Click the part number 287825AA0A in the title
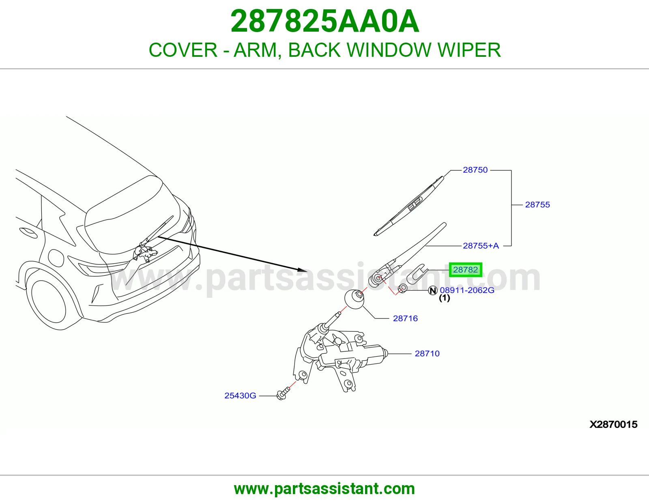(x=324, y=21)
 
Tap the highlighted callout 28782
(x=465, y=270)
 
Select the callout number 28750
(x=475, y=170)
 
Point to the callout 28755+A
(x=481, y=246)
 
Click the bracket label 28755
(x=537, y=204)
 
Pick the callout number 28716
(x=405, y=318)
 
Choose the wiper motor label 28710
(x=427, y=354)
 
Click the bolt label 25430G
(x=240, y=396)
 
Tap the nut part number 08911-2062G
(x=467, y=290)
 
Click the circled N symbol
(x=433, y=290)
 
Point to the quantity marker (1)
(x=445, y=298)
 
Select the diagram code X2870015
(x=613, y=425)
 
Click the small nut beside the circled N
(x=403, y=288)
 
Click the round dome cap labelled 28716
(x=355, y=299)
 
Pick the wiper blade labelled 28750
(x=409, y=206)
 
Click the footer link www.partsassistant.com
(x=324, y=489)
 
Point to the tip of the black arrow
(x=307, y=271)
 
